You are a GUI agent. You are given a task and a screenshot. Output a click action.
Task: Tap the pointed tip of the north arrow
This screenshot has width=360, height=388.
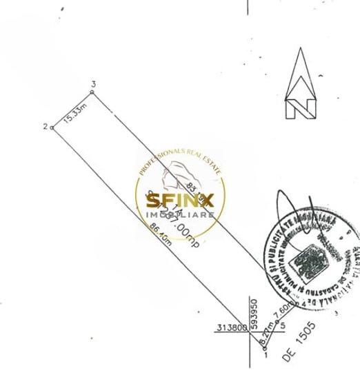tap(301, 50)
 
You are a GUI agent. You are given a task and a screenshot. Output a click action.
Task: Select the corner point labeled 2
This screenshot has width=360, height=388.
tap(52, 127)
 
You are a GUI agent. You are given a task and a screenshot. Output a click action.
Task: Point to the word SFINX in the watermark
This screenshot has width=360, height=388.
tap(180, 201)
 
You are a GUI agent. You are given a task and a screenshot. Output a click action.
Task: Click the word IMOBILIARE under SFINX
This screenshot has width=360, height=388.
tap(180, 216)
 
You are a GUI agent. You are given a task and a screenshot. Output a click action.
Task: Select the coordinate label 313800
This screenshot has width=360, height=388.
tap(230, 328)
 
